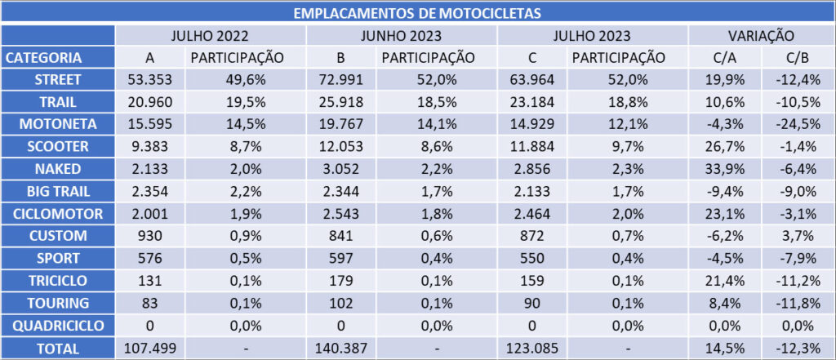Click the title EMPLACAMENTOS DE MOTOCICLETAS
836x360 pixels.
pyautogui.click(x=417, y=13)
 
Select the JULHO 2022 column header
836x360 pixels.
pyautogui.click(x=210, y=36)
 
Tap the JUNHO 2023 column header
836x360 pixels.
pyautogui.click(x=402, y=36)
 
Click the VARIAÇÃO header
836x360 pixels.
pyautogui.click(x=760, y=36)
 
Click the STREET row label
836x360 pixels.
pyautogui.click(x=57, y=80)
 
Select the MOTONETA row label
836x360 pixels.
pyautogui.click(x=57, y=124)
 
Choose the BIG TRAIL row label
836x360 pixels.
pyautogui.click(x=57, y=191)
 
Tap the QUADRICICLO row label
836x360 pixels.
pyautogui.click(x=57, y=326)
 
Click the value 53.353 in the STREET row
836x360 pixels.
pyautogui.click(x=150, y=80)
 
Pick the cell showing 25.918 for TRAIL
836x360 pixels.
pyautogui.click(x=341, y=102)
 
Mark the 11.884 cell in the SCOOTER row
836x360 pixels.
pyautogui.click(x=532, y=147)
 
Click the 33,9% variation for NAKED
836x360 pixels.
pyautogui.click(x=725, y=169)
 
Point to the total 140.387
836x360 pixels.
pyautogui.click(x=341, y=348)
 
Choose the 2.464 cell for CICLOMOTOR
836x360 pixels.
pyautogui.click(x=532, y=214)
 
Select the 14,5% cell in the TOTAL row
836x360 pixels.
pyautogui.click(x=725, y=348)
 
